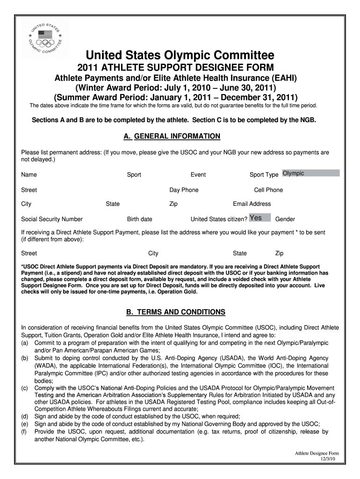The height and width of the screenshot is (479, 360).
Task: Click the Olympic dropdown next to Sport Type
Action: pyautogui.click(x=310, y=174)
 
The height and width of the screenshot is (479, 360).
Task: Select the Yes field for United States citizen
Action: pyautogui.click(x=259, y=218)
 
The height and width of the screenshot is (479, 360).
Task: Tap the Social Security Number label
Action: pyautogui.click(x=52, y=219)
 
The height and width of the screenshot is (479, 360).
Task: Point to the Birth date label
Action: pyautogui.click(x=139, y=219)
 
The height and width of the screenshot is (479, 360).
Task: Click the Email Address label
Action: pyautogui.click(x=252, y=204)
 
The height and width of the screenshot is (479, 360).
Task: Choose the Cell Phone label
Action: pyautogui.click(x=268, y=190)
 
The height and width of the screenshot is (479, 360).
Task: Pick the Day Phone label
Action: pyautogui.click(x=184, y=190)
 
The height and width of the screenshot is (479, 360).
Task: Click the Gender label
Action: pyautogui.click(x=285, y=219)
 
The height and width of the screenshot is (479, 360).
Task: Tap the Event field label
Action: pyautogui.click(x=198, y=175)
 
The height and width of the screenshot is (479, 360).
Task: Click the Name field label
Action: pyautogui.click(x=29, y=175)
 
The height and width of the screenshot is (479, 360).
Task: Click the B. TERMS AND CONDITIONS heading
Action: pyautogui.click(x=170, y=312)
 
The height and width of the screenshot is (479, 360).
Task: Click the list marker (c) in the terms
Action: pyautogui.click(x=25, y=388)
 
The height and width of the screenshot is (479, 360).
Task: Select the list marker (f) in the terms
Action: pyautogui.click(x=24, y=432)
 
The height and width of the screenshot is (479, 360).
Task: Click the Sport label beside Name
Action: pyautogui.click(x=134, y=175)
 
